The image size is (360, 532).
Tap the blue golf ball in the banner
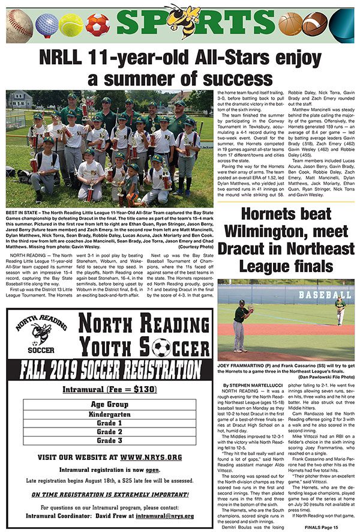click(45, 25)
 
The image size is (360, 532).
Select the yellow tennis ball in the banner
click(71, 25)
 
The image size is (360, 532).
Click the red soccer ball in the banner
click(97, 25)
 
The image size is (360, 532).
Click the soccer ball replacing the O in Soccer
click(160, 347)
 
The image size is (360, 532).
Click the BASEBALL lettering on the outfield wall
click(325, 295)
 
